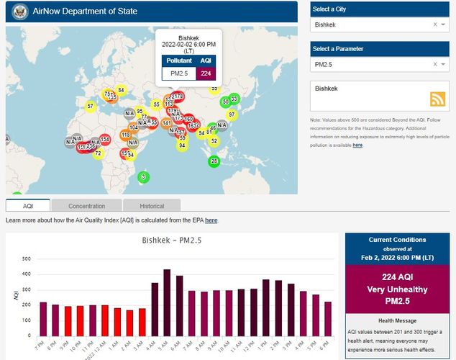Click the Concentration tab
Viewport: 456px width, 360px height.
87,206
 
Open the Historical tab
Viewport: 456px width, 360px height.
152,206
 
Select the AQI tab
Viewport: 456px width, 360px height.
28,206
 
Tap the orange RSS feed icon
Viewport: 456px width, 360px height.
437,99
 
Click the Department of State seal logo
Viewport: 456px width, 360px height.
20,12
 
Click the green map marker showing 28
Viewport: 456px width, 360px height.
214,161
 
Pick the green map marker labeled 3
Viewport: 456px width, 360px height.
143,177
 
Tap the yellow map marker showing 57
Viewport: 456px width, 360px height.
90,107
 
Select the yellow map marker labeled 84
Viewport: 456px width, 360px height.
121,90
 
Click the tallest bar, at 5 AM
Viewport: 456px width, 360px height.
167,302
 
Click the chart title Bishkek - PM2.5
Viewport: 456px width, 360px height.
171,240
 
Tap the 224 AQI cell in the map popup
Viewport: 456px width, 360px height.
206,73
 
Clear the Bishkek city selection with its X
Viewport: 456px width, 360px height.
434,24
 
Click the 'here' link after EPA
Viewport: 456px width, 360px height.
211,220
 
